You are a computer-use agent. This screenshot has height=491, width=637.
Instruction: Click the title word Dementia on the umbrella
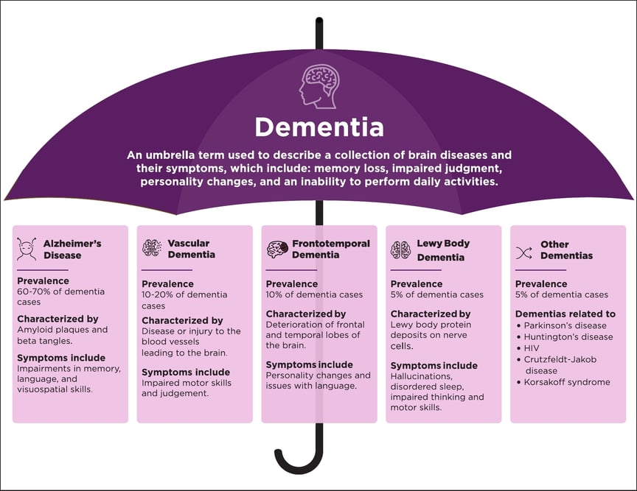(x=318, y=127)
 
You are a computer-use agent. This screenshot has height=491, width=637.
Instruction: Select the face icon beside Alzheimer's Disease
(x=27, y=249)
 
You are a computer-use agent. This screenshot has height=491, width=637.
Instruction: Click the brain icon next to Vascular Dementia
(x=152, y=248)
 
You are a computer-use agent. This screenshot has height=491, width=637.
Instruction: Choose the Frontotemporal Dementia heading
(x=330, y=249)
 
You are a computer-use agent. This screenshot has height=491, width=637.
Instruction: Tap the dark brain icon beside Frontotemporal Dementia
(x=276, y=249)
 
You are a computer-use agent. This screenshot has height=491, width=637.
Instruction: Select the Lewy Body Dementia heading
(x=442, y=250)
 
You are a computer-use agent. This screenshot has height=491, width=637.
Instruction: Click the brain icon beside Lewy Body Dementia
(x=400, y=249)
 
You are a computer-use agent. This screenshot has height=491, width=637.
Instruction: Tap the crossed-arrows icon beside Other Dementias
(x=524, y=252)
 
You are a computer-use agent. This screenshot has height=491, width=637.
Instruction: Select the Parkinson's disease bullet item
(x=565, y=325)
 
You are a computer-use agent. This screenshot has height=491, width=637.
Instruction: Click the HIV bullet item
(x=532, y=348)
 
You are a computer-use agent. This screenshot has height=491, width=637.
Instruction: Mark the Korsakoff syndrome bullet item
(x=567, y=382)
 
